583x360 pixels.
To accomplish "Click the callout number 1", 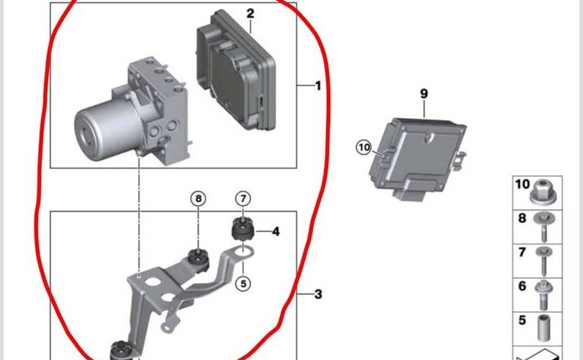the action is pyautogui.click(x=318, y=86).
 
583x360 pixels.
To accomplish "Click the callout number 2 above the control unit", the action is pyautogui.click(x=250, y=14).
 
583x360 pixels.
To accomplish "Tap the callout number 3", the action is pyautogui.click(x=318, y=294).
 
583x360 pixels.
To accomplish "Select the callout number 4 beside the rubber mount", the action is pyautogui.click(x=276, y=231).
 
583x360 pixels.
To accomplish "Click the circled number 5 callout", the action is pyautogui.click(x=243, y=284).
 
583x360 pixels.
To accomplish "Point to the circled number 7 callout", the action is pyautogui.click(x=243, y=199).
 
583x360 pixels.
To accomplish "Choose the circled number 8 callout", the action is pyautogui.click(x=198, y=199).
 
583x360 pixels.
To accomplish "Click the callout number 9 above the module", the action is pyautogui.click(x=424, y=94).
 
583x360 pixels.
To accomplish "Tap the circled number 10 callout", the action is pyautogui.click(x=364, y=148).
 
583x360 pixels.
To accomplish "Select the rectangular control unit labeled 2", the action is pyautogui.click(x=236, y=71).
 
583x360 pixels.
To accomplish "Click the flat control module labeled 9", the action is pyautogui.click(x=417, y=158).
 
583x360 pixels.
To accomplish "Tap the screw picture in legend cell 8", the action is pyautogui.click(x=543, y=226).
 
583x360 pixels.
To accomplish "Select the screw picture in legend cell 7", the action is pyautogui.click(x=544, y=261).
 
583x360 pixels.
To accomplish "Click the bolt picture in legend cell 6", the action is pyautogui.click(x=543, y=294).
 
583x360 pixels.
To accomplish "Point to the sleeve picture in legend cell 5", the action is pyautogui.click(x=544, y=328).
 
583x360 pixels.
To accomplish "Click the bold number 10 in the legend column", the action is pyautogui.click(x=522, y=184).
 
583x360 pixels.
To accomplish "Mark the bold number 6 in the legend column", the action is pyautogui.click(x=523, y=286).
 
